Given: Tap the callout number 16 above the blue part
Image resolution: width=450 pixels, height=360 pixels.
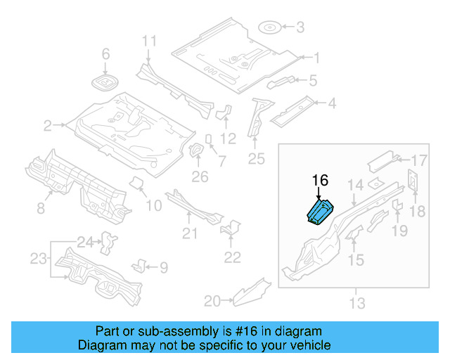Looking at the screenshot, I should tap(320, 181).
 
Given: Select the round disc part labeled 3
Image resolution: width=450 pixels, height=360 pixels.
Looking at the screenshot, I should tap(270, 28).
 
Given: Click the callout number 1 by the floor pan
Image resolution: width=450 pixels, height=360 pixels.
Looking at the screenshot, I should tap(316, 58).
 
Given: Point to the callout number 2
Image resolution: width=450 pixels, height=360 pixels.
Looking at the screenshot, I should tap(47, 126).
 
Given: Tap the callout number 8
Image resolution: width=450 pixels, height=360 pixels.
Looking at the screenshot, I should tap(40, 207).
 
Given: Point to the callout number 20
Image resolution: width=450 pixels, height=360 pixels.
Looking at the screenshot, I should tap(211, 301).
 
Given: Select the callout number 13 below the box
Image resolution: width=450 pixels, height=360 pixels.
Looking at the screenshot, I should tap(357, 303).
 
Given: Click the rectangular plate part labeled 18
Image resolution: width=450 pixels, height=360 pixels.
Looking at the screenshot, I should tap(413, 181).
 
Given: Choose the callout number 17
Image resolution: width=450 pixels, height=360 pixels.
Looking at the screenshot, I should tap(419, 159).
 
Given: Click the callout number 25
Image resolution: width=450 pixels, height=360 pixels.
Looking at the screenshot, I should tap(257, 160).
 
